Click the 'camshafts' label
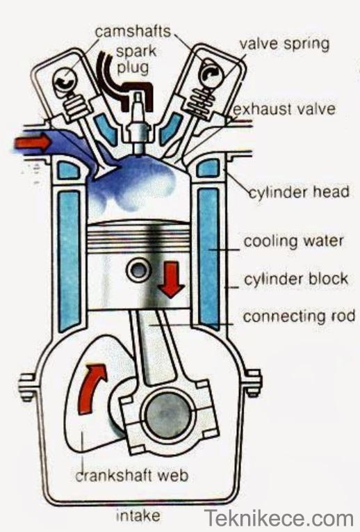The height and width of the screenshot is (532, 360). [x=133, y=32]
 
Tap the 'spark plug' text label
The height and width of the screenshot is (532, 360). [x=135, y=59]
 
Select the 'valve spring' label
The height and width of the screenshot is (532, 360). [x=284, y=45]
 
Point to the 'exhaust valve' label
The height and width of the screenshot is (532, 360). [x=284, y=109]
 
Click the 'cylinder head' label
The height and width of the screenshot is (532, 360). [x=300, y=192]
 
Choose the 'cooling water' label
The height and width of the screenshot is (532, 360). [x=293, y=241]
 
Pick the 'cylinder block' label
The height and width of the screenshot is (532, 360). [x=296, y=280]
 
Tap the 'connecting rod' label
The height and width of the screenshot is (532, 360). [x=299, y=316]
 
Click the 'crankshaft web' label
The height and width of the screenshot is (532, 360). [x=131, y=475]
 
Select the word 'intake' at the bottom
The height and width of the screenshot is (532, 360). [x=138, y=515]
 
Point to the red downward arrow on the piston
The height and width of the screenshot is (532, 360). [x=171, y=280]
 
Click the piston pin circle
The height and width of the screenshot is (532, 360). [x=138, y=270]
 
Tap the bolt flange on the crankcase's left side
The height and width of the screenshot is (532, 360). [x=28, y=387]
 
